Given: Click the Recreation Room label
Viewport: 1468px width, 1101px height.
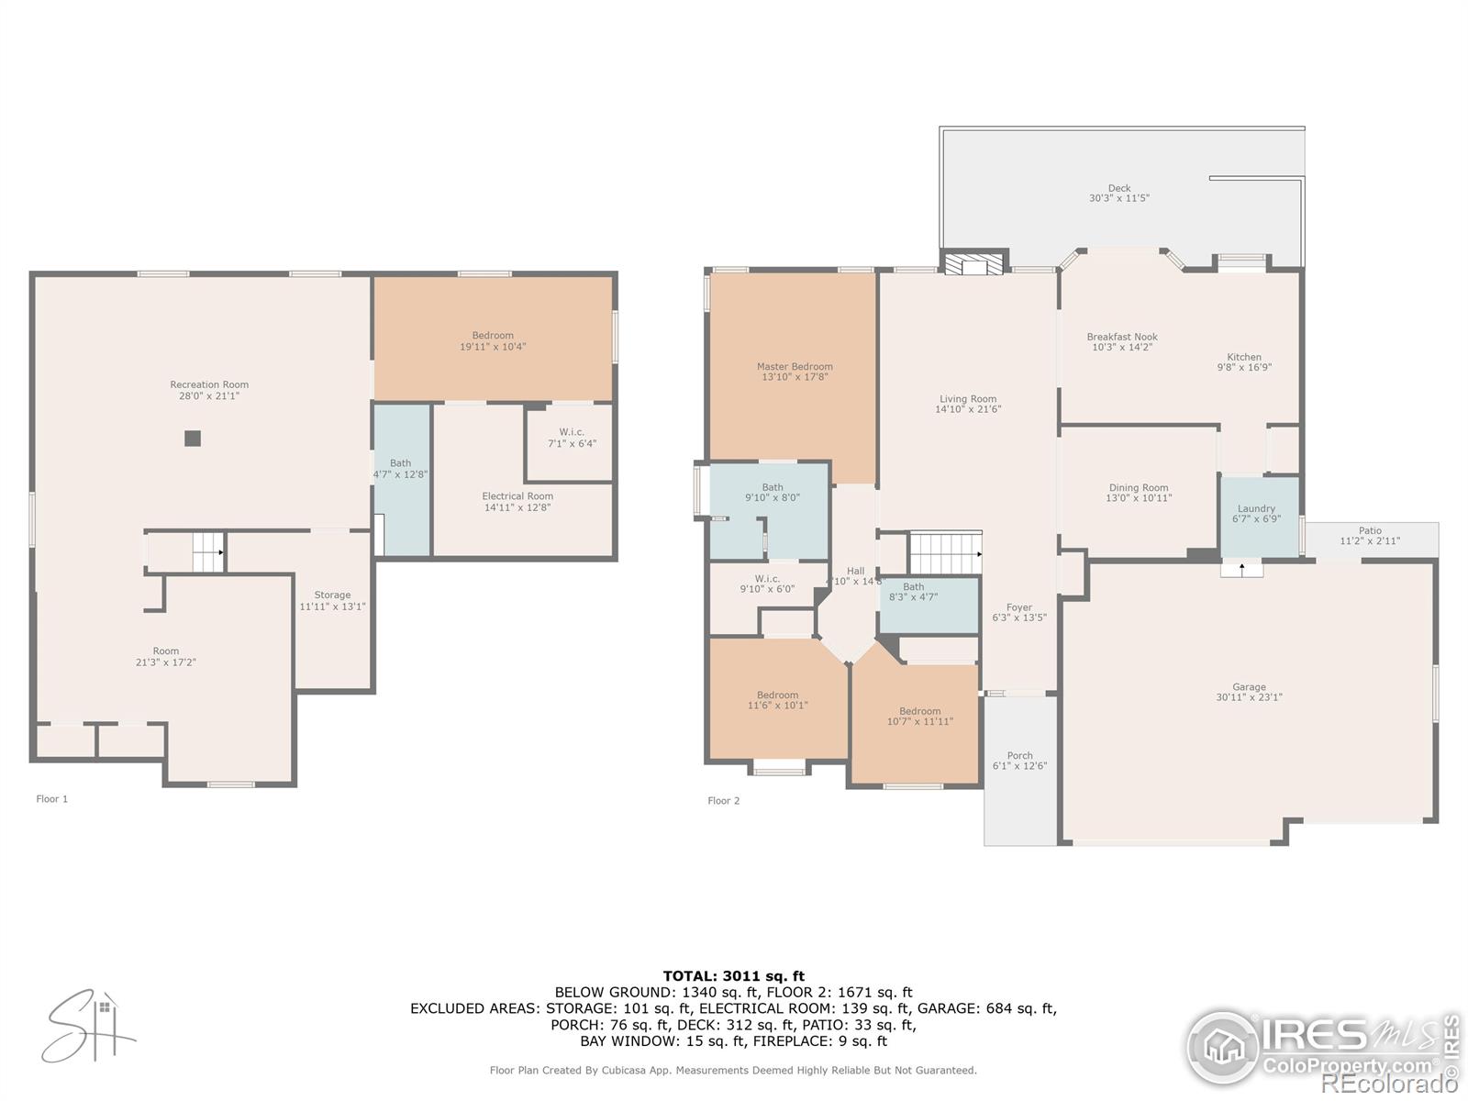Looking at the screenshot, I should [209, 385].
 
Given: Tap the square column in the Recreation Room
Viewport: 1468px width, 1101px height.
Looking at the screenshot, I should [193, 439].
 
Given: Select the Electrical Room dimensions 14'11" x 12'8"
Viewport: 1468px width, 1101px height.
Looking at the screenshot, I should [517, 507].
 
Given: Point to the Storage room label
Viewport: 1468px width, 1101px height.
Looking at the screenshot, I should [332, 595].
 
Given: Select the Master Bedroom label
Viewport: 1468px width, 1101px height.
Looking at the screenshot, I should [795, 367].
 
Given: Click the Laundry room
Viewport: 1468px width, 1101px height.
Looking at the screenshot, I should [1256, 514].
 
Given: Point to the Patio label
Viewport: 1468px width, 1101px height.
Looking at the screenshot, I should [1370, 531].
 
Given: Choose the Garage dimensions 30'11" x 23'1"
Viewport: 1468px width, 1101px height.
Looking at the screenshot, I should [1249, 697].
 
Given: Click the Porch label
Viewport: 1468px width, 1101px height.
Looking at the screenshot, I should [1019, 756].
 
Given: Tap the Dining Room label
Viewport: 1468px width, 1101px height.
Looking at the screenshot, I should [1138, 488].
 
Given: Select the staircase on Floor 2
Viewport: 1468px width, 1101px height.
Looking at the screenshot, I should [944, 553].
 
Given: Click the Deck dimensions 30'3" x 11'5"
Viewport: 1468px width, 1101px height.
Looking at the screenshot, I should [1118, 198].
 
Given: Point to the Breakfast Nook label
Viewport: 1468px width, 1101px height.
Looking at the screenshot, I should [1121, 337].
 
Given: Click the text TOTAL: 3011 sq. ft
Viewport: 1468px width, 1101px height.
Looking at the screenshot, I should [733, 976].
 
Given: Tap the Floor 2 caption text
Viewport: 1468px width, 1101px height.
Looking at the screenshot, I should [723, 801].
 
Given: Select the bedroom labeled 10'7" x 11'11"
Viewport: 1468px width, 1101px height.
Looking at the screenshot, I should [919, 717].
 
